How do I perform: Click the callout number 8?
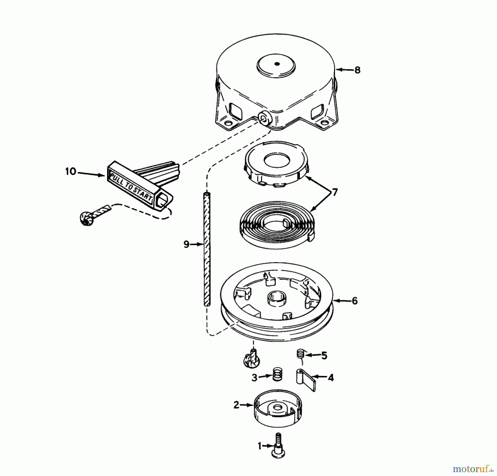click(357, 70)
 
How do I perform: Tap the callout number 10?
click(71, 172)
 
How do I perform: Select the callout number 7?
click(334, 192)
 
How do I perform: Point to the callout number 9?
click(186, 244)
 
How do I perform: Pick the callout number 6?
click(355, 301)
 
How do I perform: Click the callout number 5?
click(324, 356)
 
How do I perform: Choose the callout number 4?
click(331, 378)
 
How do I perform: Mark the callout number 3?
click(254, 378)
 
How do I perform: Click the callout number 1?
click(259, 446)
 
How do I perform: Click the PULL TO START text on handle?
click(131, 187)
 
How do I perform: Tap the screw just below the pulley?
click(250, 359)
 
